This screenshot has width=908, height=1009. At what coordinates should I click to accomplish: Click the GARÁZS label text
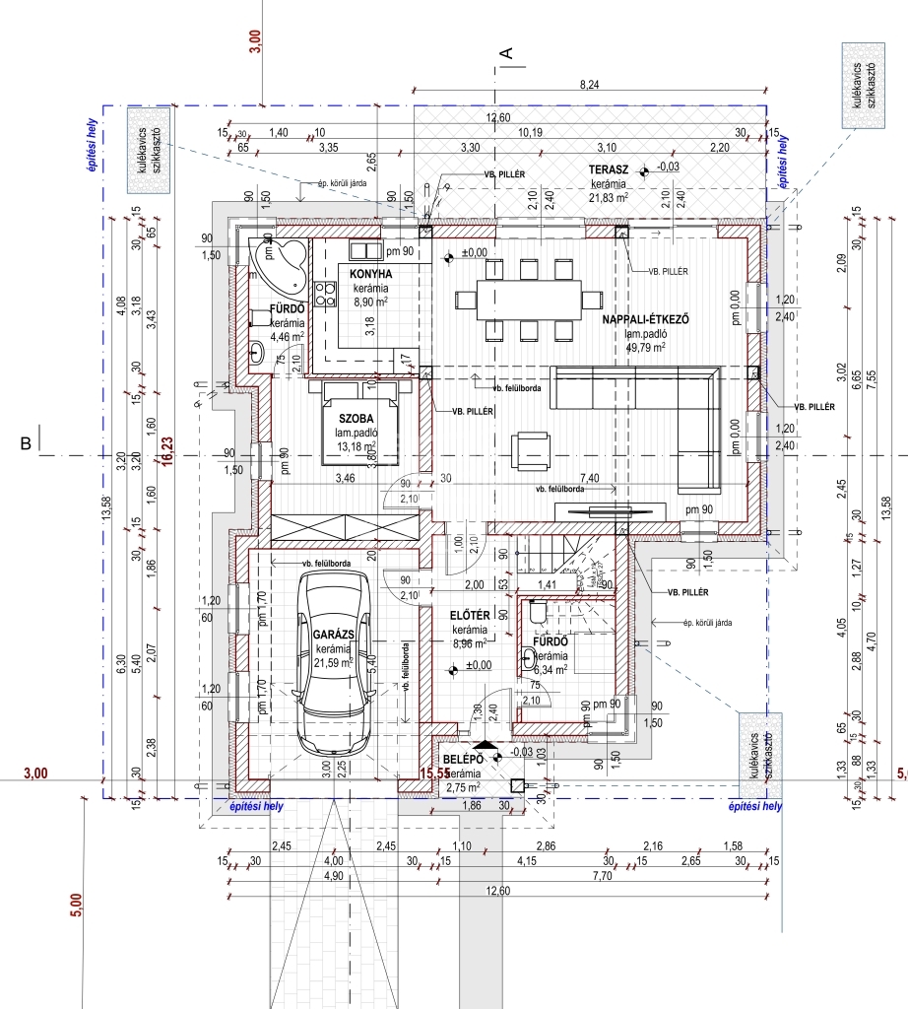click(334, 637)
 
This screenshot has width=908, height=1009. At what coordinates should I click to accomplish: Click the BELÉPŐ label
click(461, 760)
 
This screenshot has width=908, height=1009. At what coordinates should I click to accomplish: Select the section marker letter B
click(26, 444)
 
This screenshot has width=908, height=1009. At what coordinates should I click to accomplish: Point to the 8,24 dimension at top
click(590, 87)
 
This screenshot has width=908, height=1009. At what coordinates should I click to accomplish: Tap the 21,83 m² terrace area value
click(609, 198)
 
